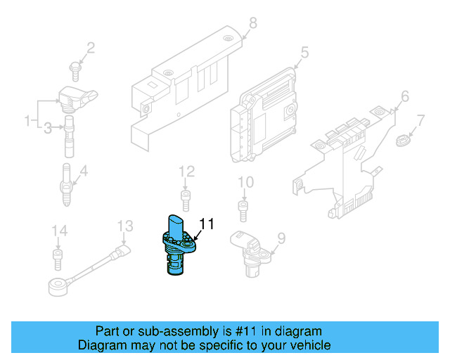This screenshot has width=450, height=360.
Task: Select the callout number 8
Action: pyautogui.click(x=252, y=23)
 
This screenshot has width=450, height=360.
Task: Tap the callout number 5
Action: pyautogui.click(x=304, y=51)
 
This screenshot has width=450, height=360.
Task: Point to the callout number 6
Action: pyautogui.click(x=404, y=96)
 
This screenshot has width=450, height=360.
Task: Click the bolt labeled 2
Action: pyautogui.click(x=75, y=67)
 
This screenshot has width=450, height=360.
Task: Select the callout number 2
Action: pyautogui.click(x=90, y=48)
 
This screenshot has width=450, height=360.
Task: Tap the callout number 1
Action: pyautogui.click(x=29, y=120)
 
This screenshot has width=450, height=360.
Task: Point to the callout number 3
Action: pyautogui.click(x=47, y=127)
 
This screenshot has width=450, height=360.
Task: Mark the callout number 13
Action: pyautogui.click(x=124, y=226)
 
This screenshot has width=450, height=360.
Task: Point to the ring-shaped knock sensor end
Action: pyautogui.click(x=56, y=285)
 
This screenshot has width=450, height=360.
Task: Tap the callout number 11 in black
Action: pyautogui.click(x=206, y=224)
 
